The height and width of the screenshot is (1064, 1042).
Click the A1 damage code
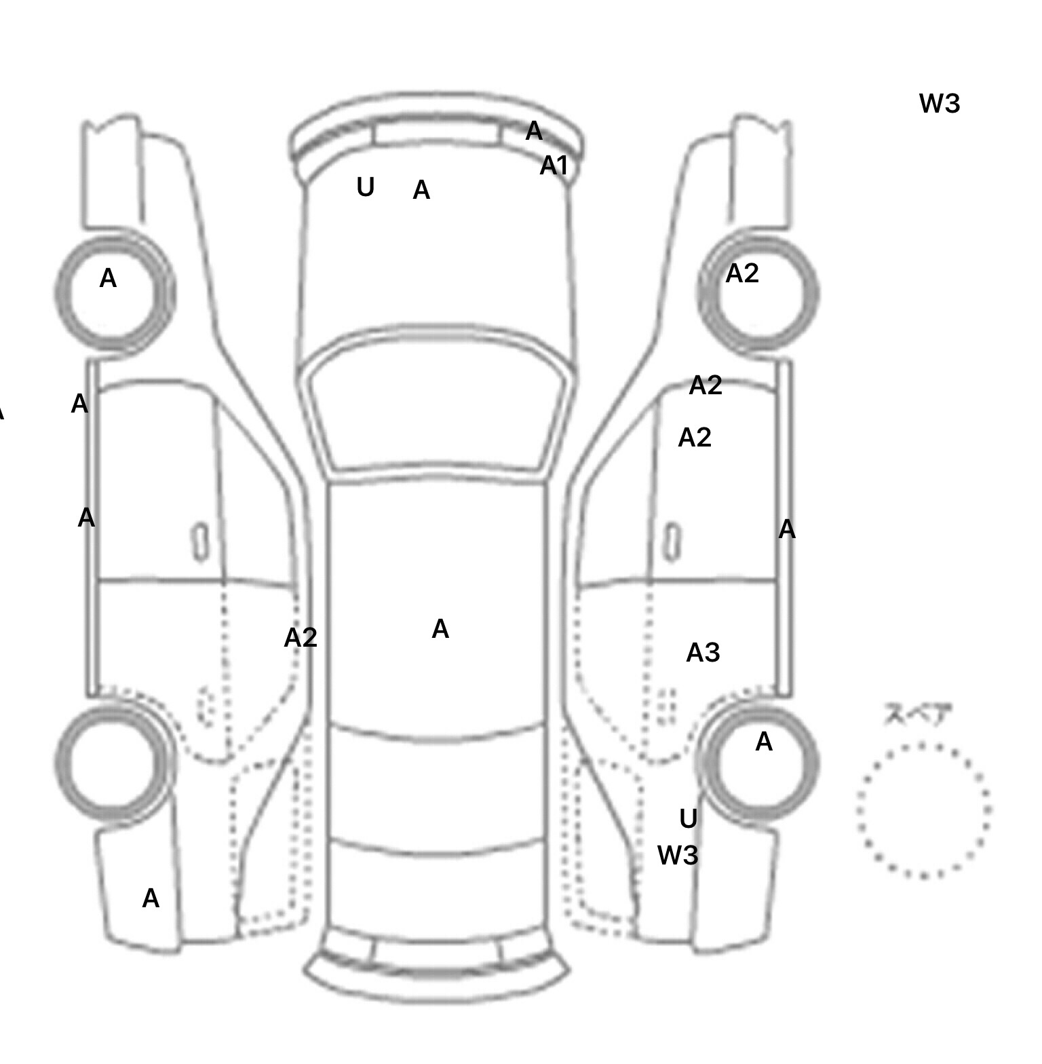click(x=553, y=166)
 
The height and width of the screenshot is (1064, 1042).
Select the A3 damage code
click(x=703, y=653)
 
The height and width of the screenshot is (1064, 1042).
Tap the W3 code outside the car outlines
click(x=940, y=104)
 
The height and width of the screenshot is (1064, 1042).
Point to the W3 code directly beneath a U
click(x=678, y=856)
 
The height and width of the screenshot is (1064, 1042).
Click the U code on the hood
click(x=365, y=187)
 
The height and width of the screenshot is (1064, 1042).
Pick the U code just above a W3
click(x=688, y=820)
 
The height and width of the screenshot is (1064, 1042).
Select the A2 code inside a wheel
click(x=741, y=273)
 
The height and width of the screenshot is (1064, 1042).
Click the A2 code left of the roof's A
click(x=301, y=638)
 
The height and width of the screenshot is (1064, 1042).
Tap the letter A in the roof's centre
click(x=440, y=630)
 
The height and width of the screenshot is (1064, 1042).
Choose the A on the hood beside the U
click(x=421, y=191)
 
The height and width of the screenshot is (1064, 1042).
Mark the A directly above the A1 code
click(x=534, y=131)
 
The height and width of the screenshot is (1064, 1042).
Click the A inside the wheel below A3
click(x=764, y=742)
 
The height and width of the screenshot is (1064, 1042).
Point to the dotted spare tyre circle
click(x=923, y=811)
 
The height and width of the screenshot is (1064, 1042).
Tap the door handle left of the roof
click(x=201, y=542)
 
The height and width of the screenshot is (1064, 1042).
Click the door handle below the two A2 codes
click(x=672, y=542)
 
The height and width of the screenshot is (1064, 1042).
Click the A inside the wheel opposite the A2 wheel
click(x=109, y=279)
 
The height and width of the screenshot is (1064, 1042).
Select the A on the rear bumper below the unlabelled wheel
click(x=151, y=899)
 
